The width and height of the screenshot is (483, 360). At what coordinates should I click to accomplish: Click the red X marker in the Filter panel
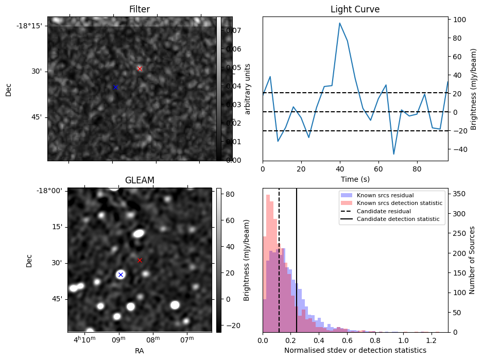tap(140, 68)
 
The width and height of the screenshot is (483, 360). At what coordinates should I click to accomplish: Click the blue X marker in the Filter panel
tap(115, 87)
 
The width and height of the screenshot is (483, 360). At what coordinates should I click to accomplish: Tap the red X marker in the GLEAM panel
tap(140, 260)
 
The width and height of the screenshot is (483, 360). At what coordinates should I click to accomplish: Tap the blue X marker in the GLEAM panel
tap(120, 275)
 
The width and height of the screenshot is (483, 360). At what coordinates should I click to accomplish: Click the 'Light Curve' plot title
tap(355, 10)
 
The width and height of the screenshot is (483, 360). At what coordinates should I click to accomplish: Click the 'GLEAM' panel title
tap(140, 180)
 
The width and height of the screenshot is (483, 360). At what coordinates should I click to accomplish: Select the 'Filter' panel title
tap(140, 10)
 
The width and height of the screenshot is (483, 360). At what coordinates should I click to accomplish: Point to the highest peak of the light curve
tap(340, 23)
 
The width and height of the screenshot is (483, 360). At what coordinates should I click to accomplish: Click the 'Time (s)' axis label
tap(355, 179)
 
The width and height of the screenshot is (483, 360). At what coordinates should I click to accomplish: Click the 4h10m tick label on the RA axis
tap(85, 340)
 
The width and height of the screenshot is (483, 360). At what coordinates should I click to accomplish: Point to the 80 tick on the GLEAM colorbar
tap(227, 194)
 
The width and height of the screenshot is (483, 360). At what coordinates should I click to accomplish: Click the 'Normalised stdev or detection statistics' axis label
tap(355, 350)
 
